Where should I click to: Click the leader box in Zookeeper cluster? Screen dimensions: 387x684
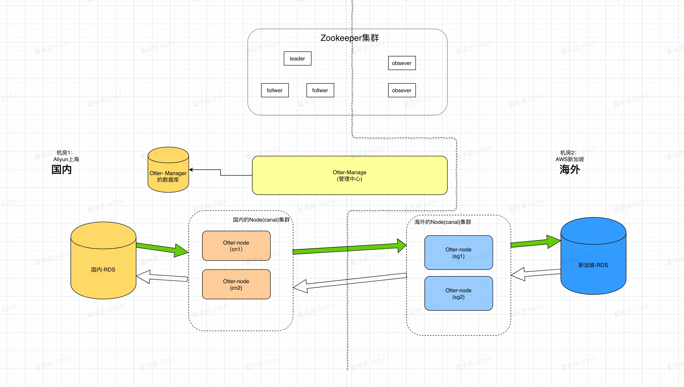[297, 58]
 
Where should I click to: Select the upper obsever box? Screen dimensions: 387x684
[402, 63]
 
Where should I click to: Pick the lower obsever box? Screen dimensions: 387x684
[402, 90]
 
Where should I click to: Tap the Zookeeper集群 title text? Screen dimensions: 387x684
[349, 38]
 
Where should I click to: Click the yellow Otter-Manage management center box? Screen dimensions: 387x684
[349, 175]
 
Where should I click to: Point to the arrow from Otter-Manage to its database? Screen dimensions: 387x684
[220, 172]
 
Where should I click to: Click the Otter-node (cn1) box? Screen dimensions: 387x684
[236, 246]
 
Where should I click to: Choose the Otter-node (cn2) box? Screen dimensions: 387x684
[236, 284]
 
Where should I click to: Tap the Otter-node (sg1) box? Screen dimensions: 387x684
[458, 253]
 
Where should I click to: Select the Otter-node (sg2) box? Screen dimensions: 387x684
[458, 293]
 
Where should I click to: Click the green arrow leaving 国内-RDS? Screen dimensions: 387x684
[162, 248]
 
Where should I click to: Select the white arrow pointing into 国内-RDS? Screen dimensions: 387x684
[162, 277]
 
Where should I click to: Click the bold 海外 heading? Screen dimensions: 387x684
[569, 169]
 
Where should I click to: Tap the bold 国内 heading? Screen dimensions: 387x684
[61, 169]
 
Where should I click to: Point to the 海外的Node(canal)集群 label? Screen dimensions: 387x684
[443, 222]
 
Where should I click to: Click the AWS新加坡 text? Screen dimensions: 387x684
[569, 159]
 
